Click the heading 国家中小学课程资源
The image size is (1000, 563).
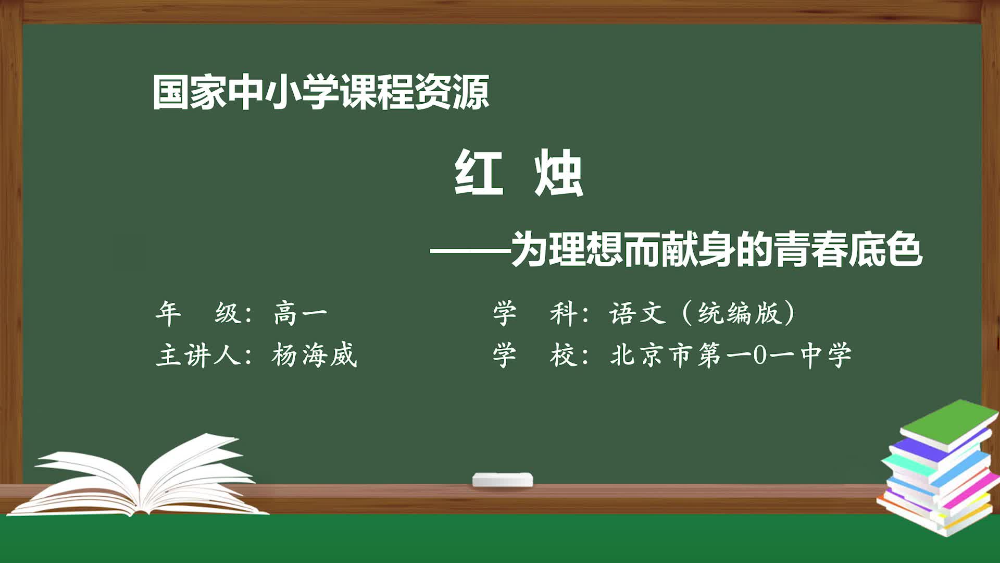[321, 92]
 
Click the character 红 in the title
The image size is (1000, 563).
[479, 173]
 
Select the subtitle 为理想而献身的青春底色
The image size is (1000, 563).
[717, 250]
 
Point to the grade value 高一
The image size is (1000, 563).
[301, 313]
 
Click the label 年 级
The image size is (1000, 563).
[198, 313]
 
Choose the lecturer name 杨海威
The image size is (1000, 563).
[314, 356]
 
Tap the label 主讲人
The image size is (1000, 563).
[198, 356]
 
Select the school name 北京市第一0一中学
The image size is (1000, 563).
[731, 356]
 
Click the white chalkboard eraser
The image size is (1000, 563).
[503, 480]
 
